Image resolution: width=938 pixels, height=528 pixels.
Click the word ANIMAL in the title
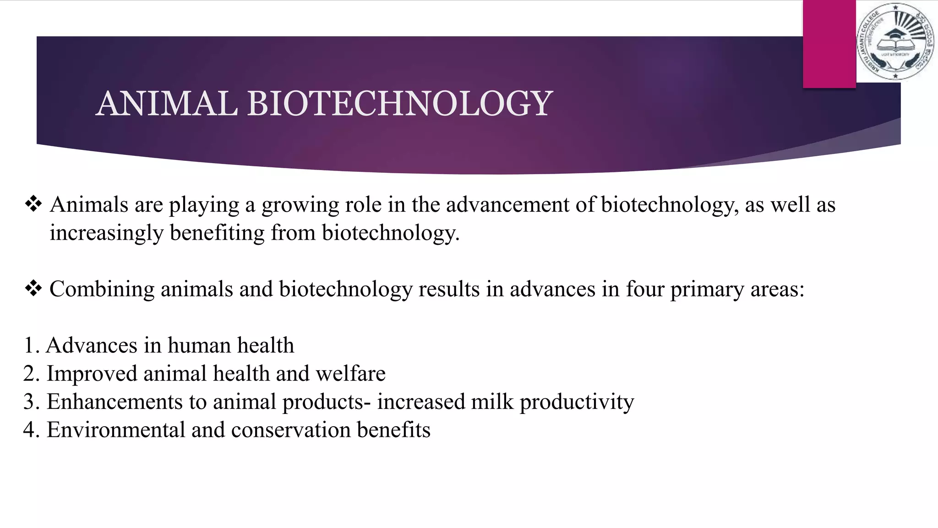(167, 104)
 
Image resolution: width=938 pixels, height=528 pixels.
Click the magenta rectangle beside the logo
(829, 44)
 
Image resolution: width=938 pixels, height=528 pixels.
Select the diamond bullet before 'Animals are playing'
(33, 204)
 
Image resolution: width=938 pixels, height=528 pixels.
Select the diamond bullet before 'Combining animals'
(33, 289)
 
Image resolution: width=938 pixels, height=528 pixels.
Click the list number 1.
(30, 346)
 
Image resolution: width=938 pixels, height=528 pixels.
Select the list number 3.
(30, 402)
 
